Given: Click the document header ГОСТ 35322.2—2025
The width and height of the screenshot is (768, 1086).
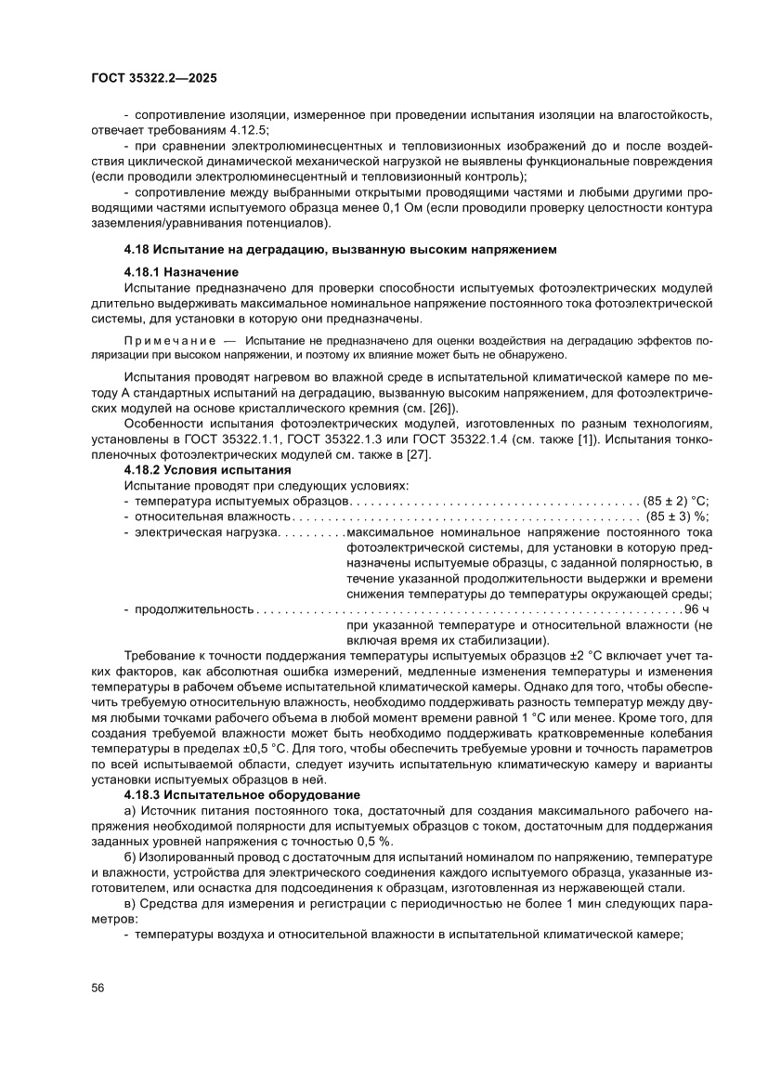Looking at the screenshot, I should (154, 80).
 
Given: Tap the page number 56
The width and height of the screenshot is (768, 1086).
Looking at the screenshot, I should (98, 988).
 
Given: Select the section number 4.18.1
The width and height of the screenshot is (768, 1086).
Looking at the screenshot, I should (144, 272).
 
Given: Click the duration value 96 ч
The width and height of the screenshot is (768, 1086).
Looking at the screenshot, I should (696, 608).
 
